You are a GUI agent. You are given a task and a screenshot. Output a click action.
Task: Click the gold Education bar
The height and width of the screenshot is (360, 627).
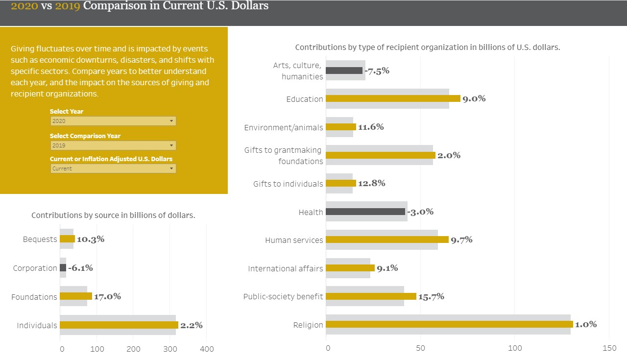(x=393, y=98)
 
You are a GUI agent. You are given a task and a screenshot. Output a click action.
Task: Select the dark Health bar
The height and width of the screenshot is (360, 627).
(x=365, y=212)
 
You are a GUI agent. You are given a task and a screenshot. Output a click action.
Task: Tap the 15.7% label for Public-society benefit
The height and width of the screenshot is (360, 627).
(x=431, y=296)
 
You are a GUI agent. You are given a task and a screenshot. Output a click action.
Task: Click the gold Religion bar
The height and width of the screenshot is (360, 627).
(x=449, y=324)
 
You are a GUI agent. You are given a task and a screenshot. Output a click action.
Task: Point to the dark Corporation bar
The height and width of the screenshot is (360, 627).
(x=63, y=268)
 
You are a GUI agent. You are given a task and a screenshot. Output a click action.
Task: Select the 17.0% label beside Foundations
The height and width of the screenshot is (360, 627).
(x=107, y=296)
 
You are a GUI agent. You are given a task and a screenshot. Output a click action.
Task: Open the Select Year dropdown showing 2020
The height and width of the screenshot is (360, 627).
(x=113, y=121)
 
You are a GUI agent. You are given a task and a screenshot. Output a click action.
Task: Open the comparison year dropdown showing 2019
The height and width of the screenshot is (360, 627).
(x=113, y=145)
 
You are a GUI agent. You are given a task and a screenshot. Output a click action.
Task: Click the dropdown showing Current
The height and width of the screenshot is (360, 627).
(x=113, y=168)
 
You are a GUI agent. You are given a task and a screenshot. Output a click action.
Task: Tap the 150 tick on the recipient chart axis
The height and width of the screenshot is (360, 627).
(x=609, y=348)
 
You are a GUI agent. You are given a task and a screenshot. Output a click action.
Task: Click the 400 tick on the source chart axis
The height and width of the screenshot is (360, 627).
(x=207, y=349)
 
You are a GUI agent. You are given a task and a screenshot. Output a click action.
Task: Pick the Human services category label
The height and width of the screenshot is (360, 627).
(x=294, y=240)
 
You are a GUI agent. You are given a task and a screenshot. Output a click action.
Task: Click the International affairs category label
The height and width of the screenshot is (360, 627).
(x=286, y=268)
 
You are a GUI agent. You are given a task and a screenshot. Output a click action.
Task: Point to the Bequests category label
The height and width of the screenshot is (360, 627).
(x=40, y=240)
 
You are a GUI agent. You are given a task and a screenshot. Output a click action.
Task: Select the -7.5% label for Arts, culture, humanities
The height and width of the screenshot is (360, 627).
(x=377, y=71)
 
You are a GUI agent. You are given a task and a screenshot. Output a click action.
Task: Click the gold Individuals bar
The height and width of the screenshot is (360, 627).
(x=119, y=325)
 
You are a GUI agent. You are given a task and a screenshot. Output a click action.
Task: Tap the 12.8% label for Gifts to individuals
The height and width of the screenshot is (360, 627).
(x=372, y=183)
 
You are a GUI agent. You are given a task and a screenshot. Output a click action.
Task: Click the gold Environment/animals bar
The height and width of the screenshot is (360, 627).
(x=341, y=127)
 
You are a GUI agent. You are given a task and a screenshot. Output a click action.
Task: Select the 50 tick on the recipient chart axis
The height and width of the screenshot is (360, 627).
(x=420, y=348)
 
